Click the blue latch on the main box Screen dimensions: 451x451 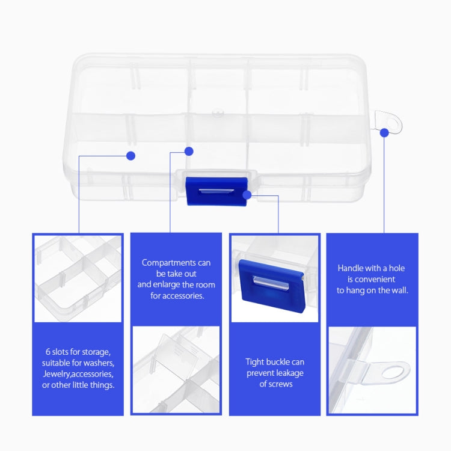[216, 191]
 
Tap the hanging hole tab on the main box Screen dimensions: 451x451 [388, 122]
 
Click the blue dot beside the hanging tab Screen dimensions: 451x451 [384, 133]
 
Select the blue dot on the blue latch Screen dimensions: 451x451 [247, 195]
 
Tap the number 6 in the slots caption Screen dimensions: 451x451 [48, 352]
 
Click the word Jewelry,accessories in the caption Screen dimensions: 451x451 [78, 374]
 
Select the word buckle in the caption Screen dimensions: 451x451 [271, 362]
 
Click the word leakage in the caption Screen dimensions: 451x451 [290, 373]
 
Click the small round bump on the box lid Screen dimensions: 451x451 [218, 112]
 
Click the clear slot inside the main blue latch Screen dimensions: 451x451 [216, 192]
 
